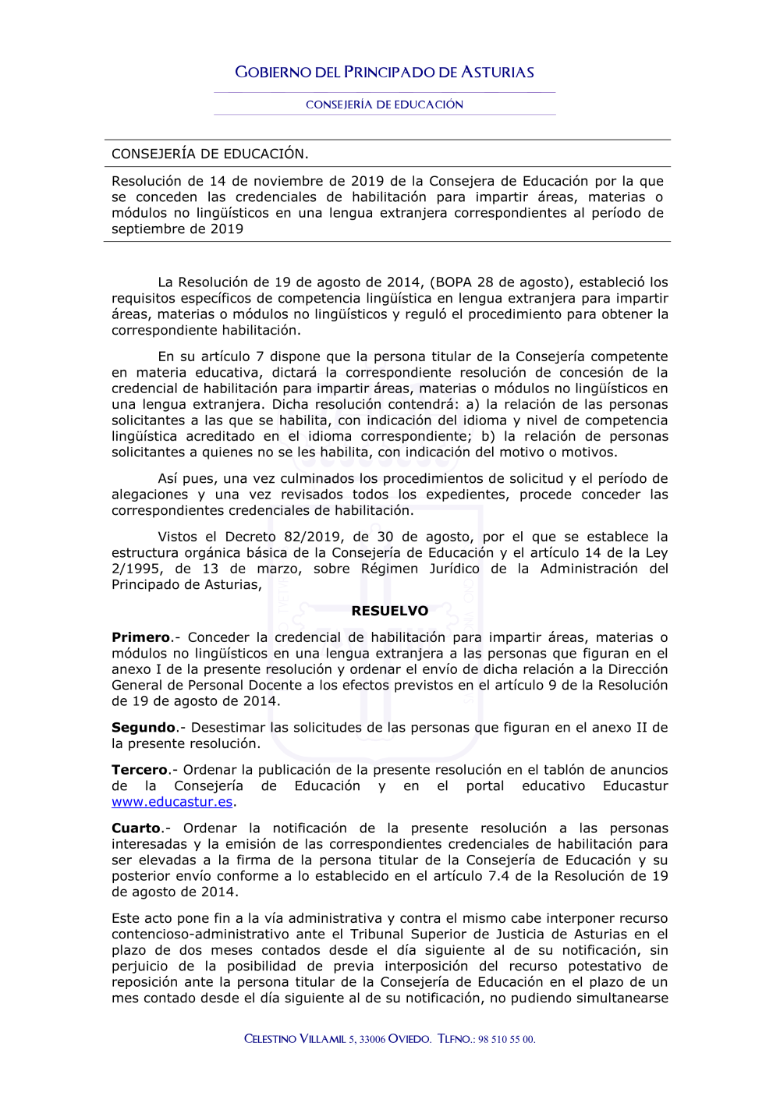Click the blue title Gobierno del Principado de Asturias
385,73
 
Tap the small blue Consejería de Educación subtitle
385,105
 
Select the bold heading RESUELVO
390,611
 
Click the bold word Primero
141,637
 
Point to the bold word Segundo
144,727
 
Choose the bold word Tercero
140,770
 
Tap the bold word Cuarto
136,828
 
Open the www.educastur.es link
172,802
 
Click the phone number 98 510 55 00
506,1039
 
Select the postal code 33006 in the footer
372,1039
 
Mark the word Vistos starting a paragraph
178,537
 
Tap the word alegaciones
150,495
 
